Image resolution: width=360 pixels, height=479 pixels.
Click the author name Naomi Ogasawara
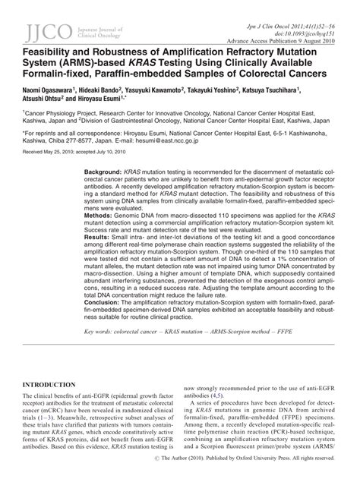[57, 90]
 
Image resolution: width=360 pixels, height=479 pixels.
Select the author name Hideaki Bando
[117, 90]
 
